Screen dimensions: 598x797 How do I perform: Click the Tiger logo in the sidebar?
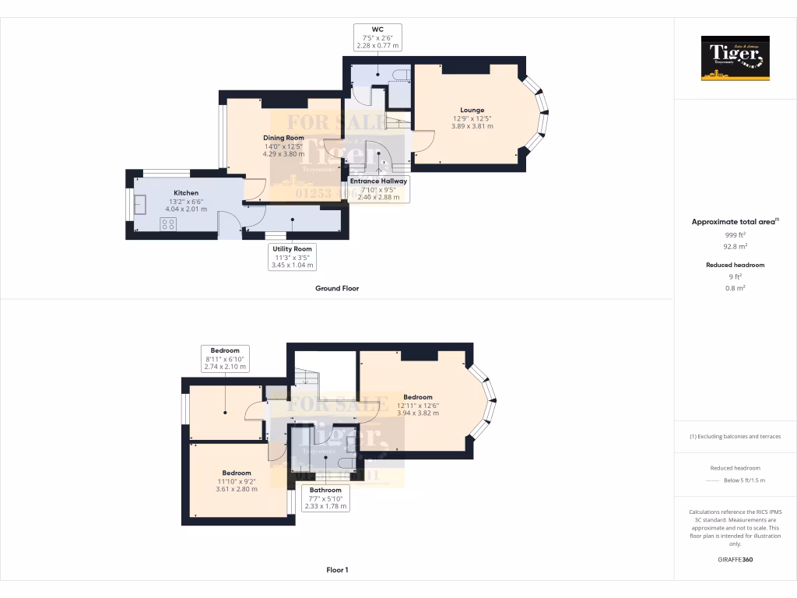click(736, 58)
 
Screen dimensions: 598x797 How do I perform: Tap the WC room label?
click(377, 37)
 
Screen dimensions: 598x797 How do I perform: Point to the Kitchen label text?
click(186, 193)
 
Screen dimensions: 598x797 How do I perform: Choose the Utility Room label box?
click(292, 257)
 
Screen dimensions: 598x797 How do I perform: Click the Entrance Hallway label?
click(378, 188)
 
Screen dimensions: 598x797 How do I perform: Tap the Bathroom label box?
click(325, 498)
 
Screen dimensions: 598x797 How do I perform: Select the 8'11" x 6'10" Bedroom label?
click(225, 358)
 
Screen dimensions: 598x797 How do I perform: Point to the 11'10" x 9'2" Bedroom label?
click(237, 480)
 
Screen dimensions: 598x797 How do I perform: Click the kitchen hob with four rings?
click(167, 224)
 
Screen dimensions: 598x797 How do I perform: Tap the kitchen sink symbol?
click(141, 204)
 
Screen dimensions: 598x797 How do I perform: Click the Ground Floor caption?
click(336, 288)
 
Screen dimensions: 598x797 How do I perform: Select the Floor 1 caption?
click(336, 570)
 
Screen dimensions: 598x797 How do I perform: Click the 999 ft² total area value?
click(736, 234)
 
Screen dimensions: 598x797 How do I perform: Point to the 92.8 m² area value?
click(736, 245)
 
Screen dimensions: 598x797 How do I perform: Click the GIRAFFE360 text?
click(736, 559)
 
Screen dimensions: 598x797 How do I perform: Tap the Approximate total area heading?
click(734, 222)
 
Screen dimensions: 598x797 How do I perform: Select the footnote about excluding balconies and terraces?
click(736, 436)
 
